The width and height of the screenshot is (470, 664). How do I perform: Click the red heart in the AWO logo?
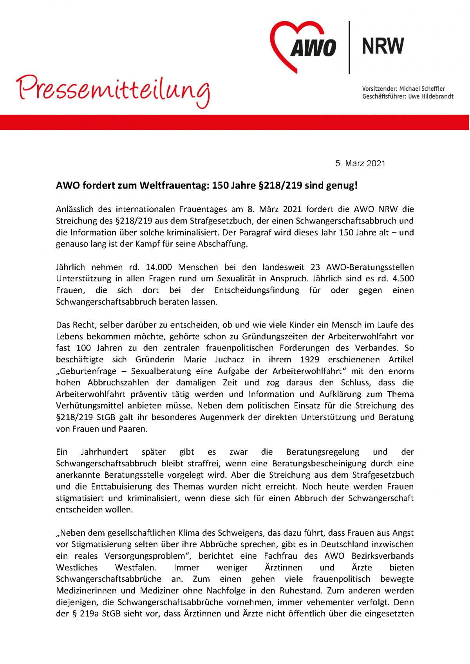pyautogui.click(x=292, y=33)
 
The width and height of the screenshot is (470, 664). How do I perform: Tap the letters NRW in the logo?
pyautogui.click(x=383, y=46)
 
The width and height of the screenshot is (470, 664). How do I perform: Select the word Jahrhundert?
pyautogui.click(x=104, y=452)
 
